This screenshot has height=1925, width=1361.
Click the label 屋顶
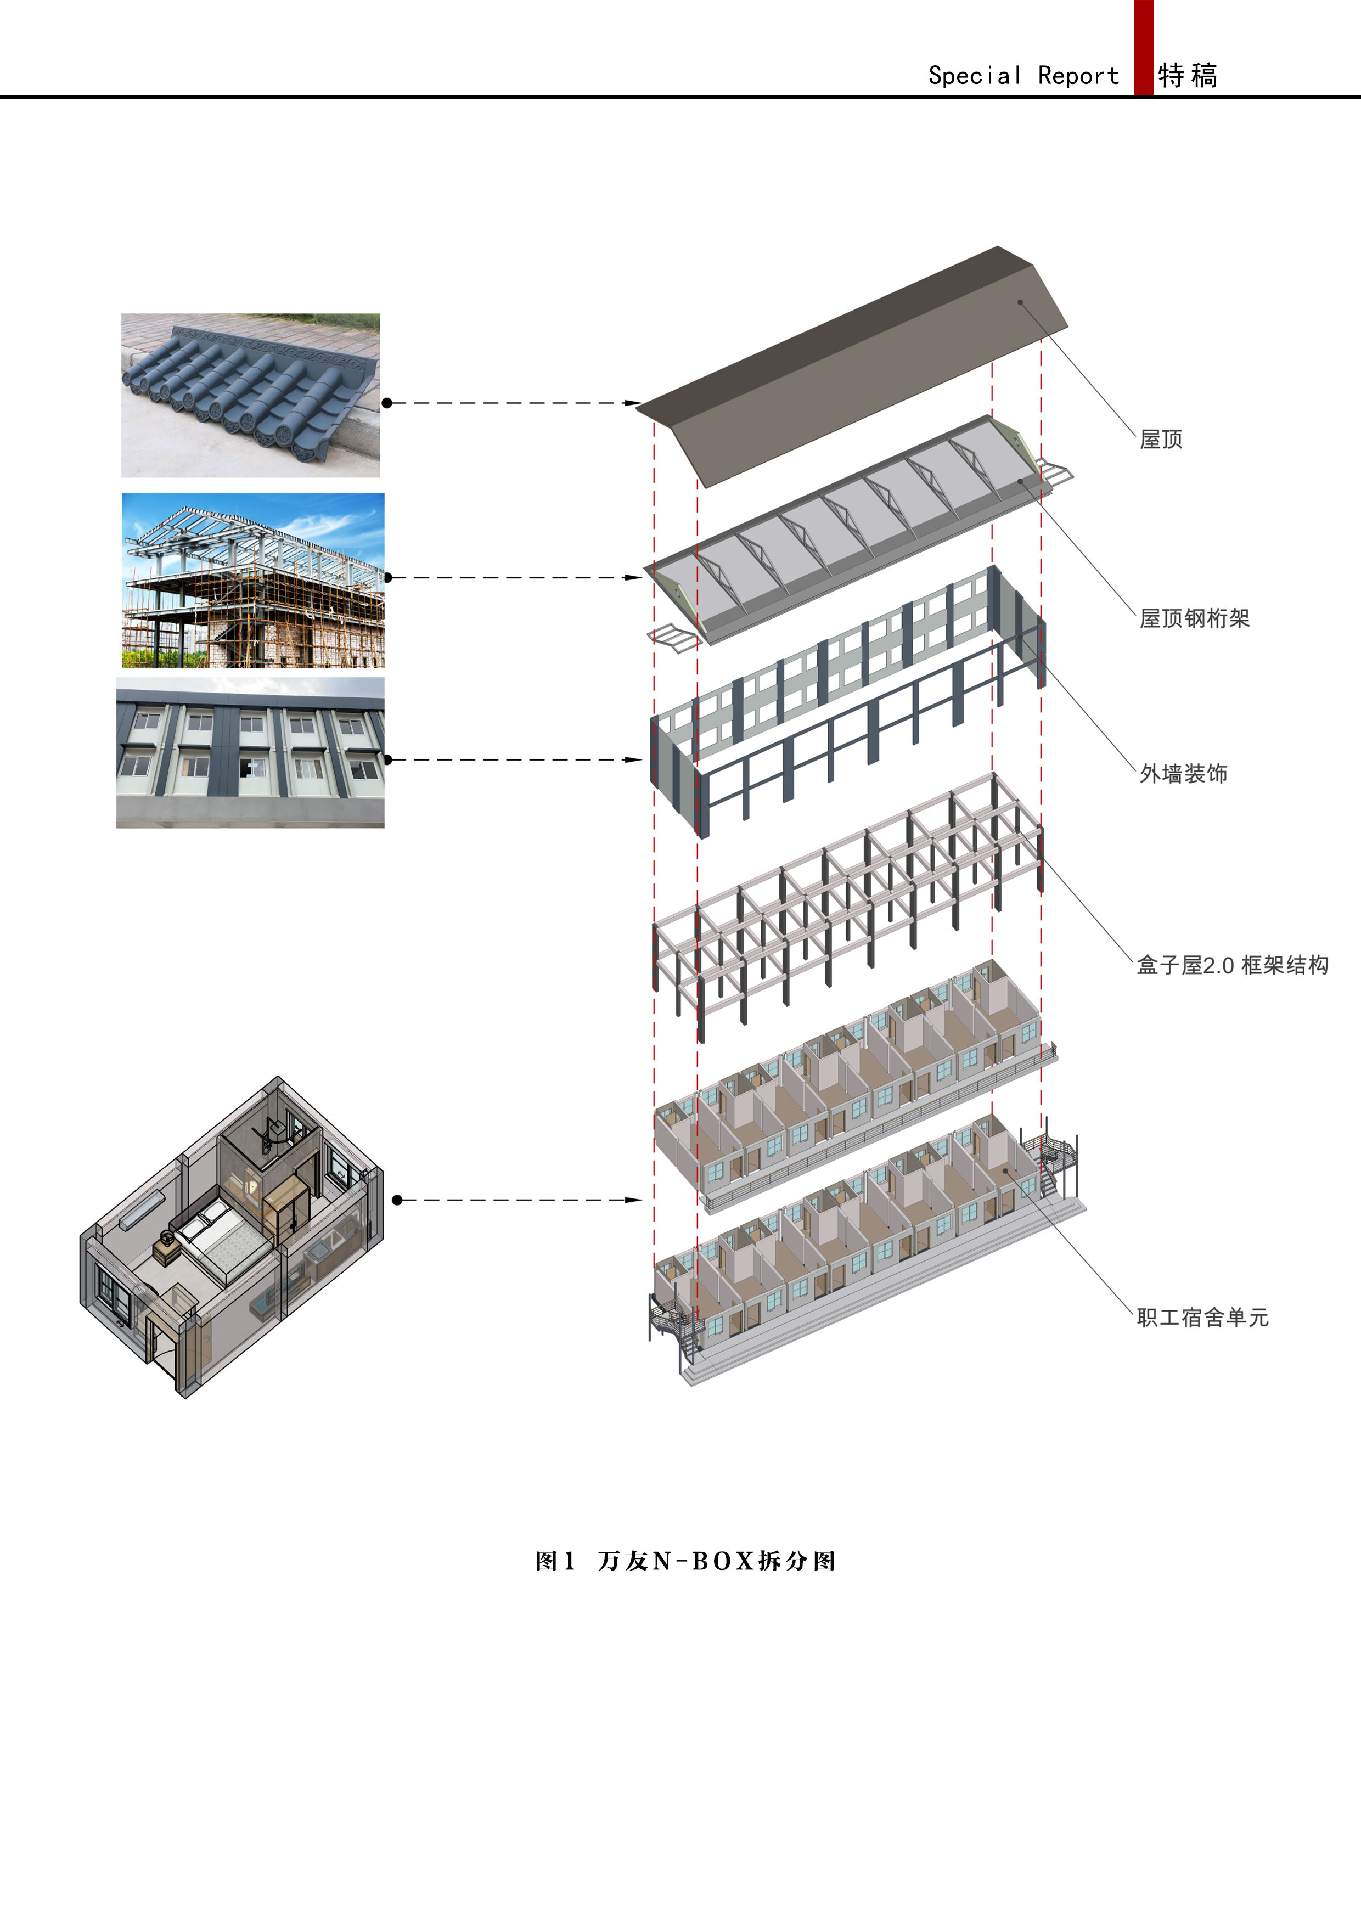click(1161, 440)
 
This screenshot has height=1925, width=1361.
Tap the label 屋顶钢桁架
click(1194, 619)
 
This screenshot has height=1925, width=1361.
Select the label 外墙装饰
click(1183, 773)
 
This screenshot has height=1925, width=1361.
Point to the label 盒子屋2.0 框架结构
click(1233, 965)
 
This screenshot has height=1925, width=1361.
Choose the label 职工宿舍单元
click(1202, 1317)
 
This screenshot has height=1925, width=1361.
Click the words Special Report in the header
click(1023, 76)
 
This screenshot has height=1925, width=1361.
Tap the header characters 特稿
click(1188, 76)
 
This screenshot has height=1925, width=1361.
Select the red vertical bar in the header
click(1144, 48)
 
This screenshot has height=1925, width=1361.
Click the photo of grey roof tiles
click(251, 396)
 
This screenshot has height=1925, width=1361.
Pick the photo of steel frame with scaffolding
click(253, 580)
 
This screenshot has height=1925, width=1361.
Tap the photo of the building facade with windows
click(251, 753)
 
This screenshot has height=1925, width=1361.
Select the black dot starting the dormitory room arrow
click(397, 1200)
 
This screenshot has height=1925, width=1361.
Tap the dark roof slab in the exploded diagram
click(851, 367)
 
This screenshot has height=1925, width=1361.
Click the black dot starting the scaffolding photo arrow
click(387, 578)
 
